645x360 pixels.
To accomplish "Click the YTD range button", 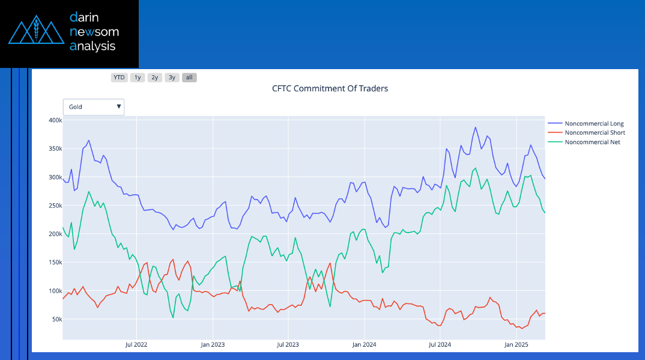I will pyautogui.click(x=120, y=78).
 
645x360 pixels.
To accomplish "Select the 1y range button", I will pyautogui.click(x=138, y=78).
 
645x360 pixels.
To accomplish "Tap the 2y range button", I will pyautogui.click(x=155, y=78).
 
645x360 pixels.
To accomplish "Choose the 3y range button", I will pyautogui.click(x=172, y=78).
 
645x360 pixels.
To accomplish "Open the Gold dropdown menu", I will pyautogui.click(x=94, y=107).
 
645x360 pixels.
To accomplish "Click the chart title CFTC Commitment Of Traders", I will pyautogui.click(x=330, y=88).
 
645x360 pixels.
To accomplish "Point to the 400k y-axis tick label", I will pyautogui.click(x=55, y=120).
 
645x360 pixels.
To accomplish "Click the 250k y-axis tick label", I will pyautogui.click(x=55, y=206).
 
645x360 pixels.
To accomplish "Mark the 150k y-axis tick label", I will pyautogui.click(x=55, y=263).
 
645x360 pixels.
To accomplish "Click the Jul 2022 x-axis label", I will pyautogui.click(x=136, y=345).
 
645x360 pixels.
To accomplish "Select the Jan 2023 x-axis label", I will pyautogui.click(x=213, y=345).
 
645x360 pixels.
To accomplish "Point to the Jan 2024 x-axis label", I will pyautogui.click(x=365, y=345).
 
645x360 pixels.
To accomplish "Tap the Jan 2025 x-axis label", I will pyautogui.click(x=516, y=345).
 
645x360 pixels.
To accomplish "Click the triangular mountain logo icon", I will pyautogui.click(x=36, y=31).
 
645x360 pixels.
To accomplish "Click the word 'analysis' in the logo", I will pyautogui.click(x=92, y=46).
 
